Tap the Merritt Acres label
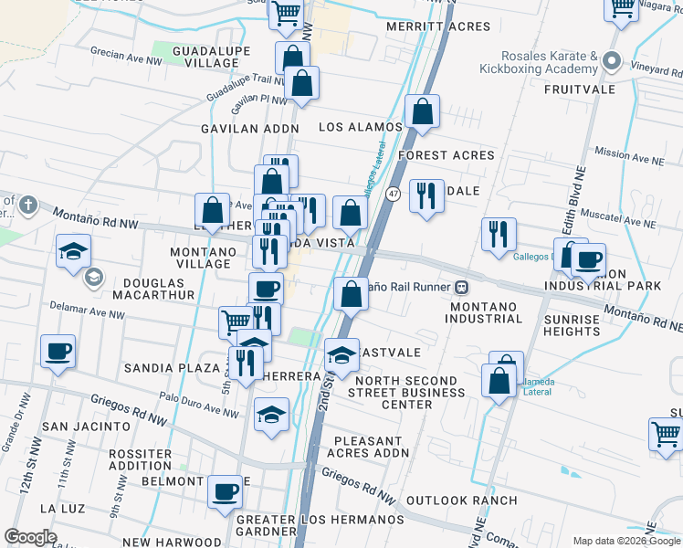tap(425, 27)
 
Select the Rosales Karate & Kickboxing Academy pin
tap(611, 63)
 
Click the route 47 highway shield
tap(393, 194)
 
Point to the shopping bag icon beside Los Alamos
tap(422, 113)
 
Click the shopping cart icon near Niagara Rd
tap(622, 8)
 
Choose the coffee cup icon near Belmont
tap(225, 493)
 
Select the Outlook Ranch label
tap(461, 501)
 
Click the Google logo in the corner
tap(30, 537)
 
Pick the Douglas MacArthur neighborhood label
tap(153, 289)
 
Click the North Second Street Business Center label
tap(406, 392)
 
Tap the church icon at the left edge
tap(27, 205)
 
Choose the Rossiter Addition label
tap(140, 459)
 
